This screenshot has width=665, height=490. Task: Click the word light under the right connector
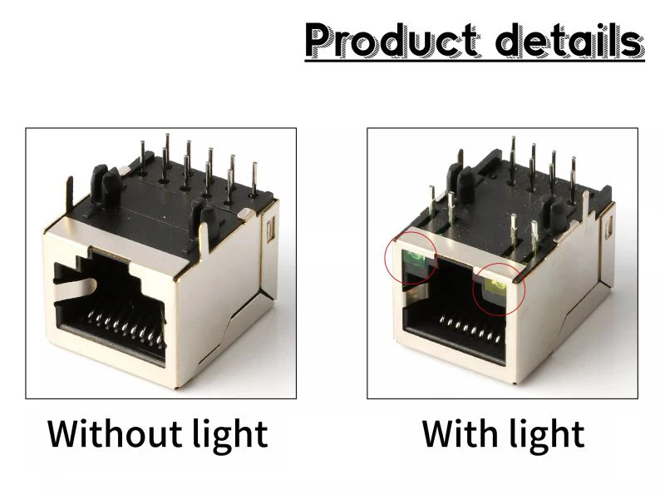[x=544, y=435]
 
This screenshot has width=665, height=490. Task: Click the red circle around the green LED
[x=387, y=260]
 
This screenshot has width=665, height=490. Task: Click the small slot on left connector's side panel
[x=271, y=228]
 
